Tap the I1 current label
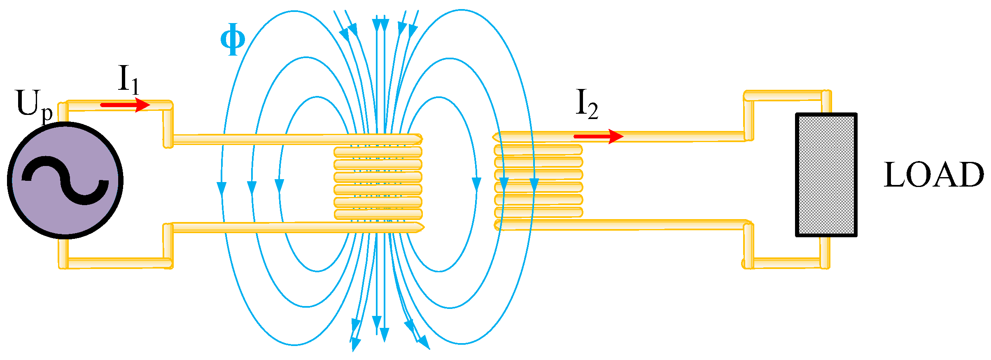(x=128, y=79)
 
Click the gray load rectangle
(x=826, y=175)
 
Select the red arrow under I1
(x=125, y=105)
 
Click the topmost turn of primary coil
(x=378, y=152)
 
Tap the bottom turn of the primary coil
(x=378, y=214)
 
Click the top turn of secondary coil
(x=539, y=149)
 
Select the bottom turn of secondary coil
(x=539, y=213)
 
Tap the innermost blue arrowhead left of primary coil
(x=280, y=186)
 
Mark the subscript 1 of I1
(x=135, y=86)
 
